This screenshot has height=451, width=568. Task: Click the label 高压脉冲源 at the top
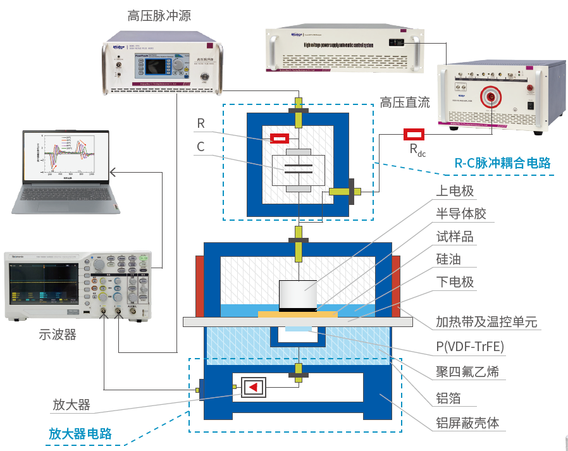coord(159,16)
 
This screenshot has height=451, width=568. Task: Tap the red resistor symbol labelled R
coord(280,138)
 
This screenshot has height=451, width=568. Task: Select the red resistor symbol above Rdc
coord(414,133)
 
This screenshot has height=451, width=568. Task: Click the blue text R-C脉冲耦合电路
coord(502,163)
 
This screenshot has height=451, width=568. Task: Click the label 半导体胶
coord(461,214)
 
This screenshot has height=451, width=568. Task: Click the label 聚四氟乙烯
coord(467,372)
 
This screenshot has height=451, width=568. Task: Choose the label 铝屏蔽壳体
coord(467,423)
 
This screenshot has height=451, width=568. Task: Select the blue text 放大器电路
coord(80,434)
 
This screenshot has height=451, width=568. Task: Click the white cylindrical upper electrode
coord(297,294)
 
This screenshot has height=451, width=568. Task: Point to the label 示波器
coord(58,335)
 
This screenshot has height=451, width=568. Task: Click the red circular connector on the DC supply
coord(490,97)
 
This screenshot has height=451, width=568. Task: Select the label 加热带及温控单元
coord(486,322)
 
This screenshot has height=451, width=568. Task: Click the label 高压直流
coord(405,102)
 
